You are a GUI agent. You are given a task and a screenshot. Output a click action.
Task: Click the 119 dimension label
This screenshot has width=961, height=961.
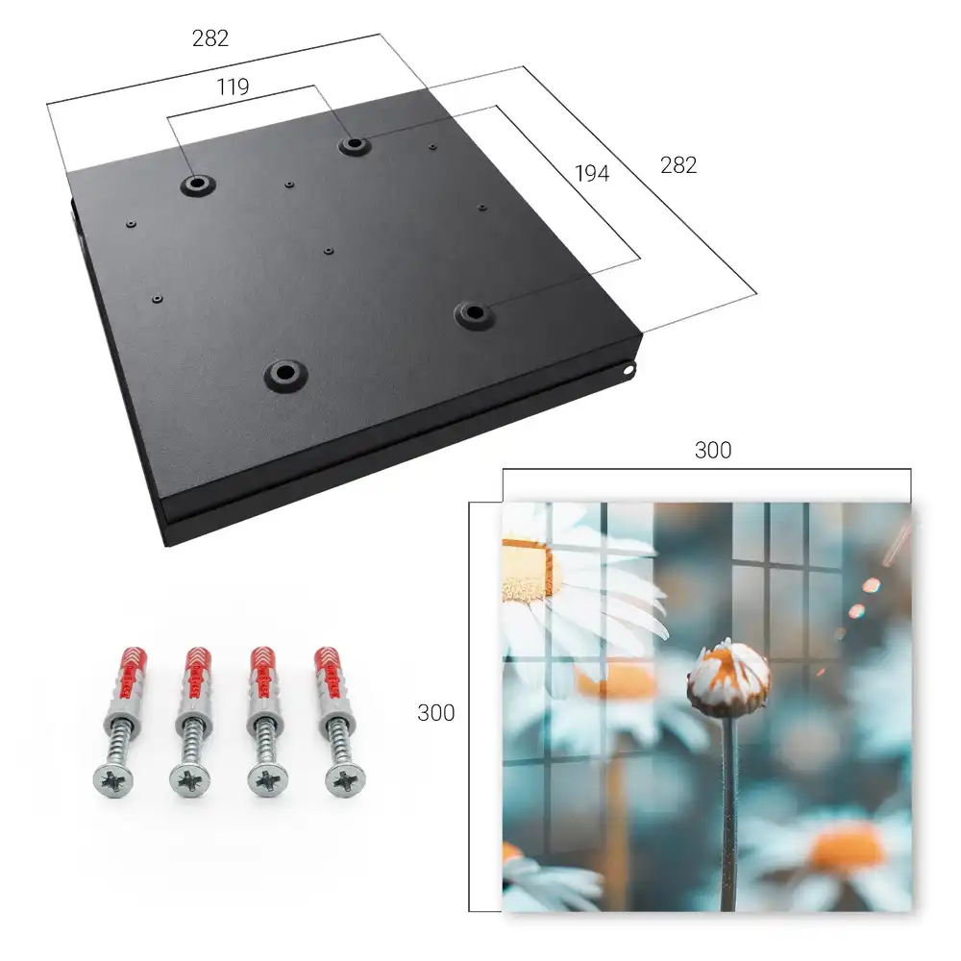pyautogui.click(x=233, y=87)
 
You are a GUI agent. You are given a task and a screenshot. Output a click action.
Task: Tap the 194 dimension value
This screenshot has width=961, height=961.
pyautogui.click(x=592, y=173)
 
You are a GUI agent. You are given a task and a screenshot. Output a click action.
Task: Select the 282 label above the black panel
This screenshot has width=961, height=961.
pyautogui.click(x=210, y=38)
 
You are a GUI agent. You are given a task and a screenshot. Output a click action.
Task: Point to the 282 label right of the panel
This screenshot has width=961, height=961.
pyautogui.click(x=678, y=165)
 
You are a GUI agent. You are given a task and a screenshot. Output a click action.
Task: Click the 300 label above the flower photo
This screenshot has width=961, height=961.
pyautogui.click(x=713, y=451)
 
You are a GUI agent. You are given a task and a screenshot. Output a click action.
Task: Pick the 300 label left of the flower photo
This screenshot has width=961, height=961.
pyautogui.click(x=435, y=713)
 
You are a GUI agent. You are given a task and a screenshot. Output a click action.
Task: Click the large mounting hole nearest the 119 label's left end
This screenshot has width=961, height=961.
pyautogui.click(x=197, y=184)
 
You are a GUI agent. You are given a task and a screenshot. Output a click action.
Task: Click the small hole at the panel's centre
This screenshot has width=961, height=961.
pyautogui.click(x=329, y=251)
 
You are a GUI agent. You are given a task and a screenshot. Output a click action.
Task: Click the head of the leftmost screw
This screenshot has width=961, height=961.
pyautogui.click(x=113, y=780)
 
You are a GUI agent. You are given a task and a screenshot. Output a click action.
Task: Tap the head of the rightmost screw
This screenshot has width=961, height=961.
pyautogui.click(x=345, y=780)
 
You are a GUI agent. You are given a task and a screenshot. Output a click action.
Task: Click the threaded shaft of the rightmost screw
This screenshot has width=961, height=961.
pyautogui.click(x=337, y=741)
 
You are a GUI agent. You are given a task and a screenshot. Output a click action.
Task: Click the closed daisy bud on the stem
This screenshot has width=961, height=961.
pyautogui.click(x=728, y=678)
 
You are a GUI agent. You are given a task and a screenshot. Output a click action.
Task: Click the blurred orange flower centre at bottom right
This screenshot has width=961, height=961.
pyautogui.click(x=848, y=849)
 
